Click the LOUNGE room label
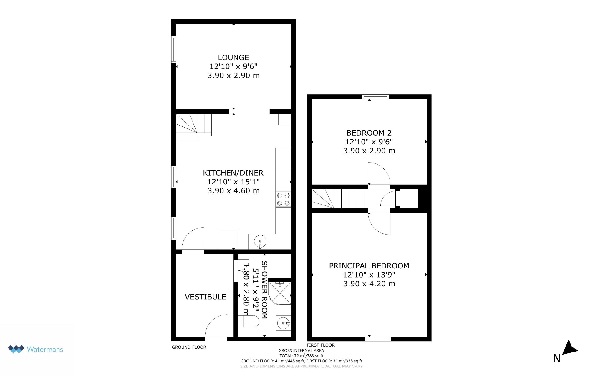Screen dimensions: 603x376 click(x=233, y=58)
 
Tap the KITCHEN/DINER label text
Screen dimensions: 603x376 click(x=233, y=173)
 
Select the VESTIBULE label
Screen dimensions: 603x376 click(x=206, y=297)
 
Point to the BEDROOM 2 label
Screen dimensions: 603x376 click(x=369, y=133)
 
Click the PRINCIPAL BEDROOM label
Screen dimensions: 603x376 click(x=369, y=266)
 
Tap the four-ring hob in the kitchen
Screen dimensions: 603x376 click(x=283, y=199)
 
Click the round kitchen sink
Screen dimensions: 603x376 click(x=260, y=242)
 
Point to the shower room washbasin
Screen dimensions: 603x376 click(x=284, y=323)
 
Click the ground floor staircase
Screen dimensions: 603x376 click(x=193, y=127)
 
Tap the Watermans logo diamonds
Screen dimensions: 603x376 click(x=16, y=349)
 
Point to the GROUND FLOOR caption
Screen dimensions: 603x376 click(x=189, y=347)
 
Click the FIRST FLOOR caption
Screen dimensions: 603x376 click(x=321, y=345)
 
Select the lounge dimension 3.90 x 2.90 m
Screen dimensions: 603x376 click(x=233, y=76)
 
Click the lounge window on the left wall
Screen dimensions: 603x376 click(x=174, y=50)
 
